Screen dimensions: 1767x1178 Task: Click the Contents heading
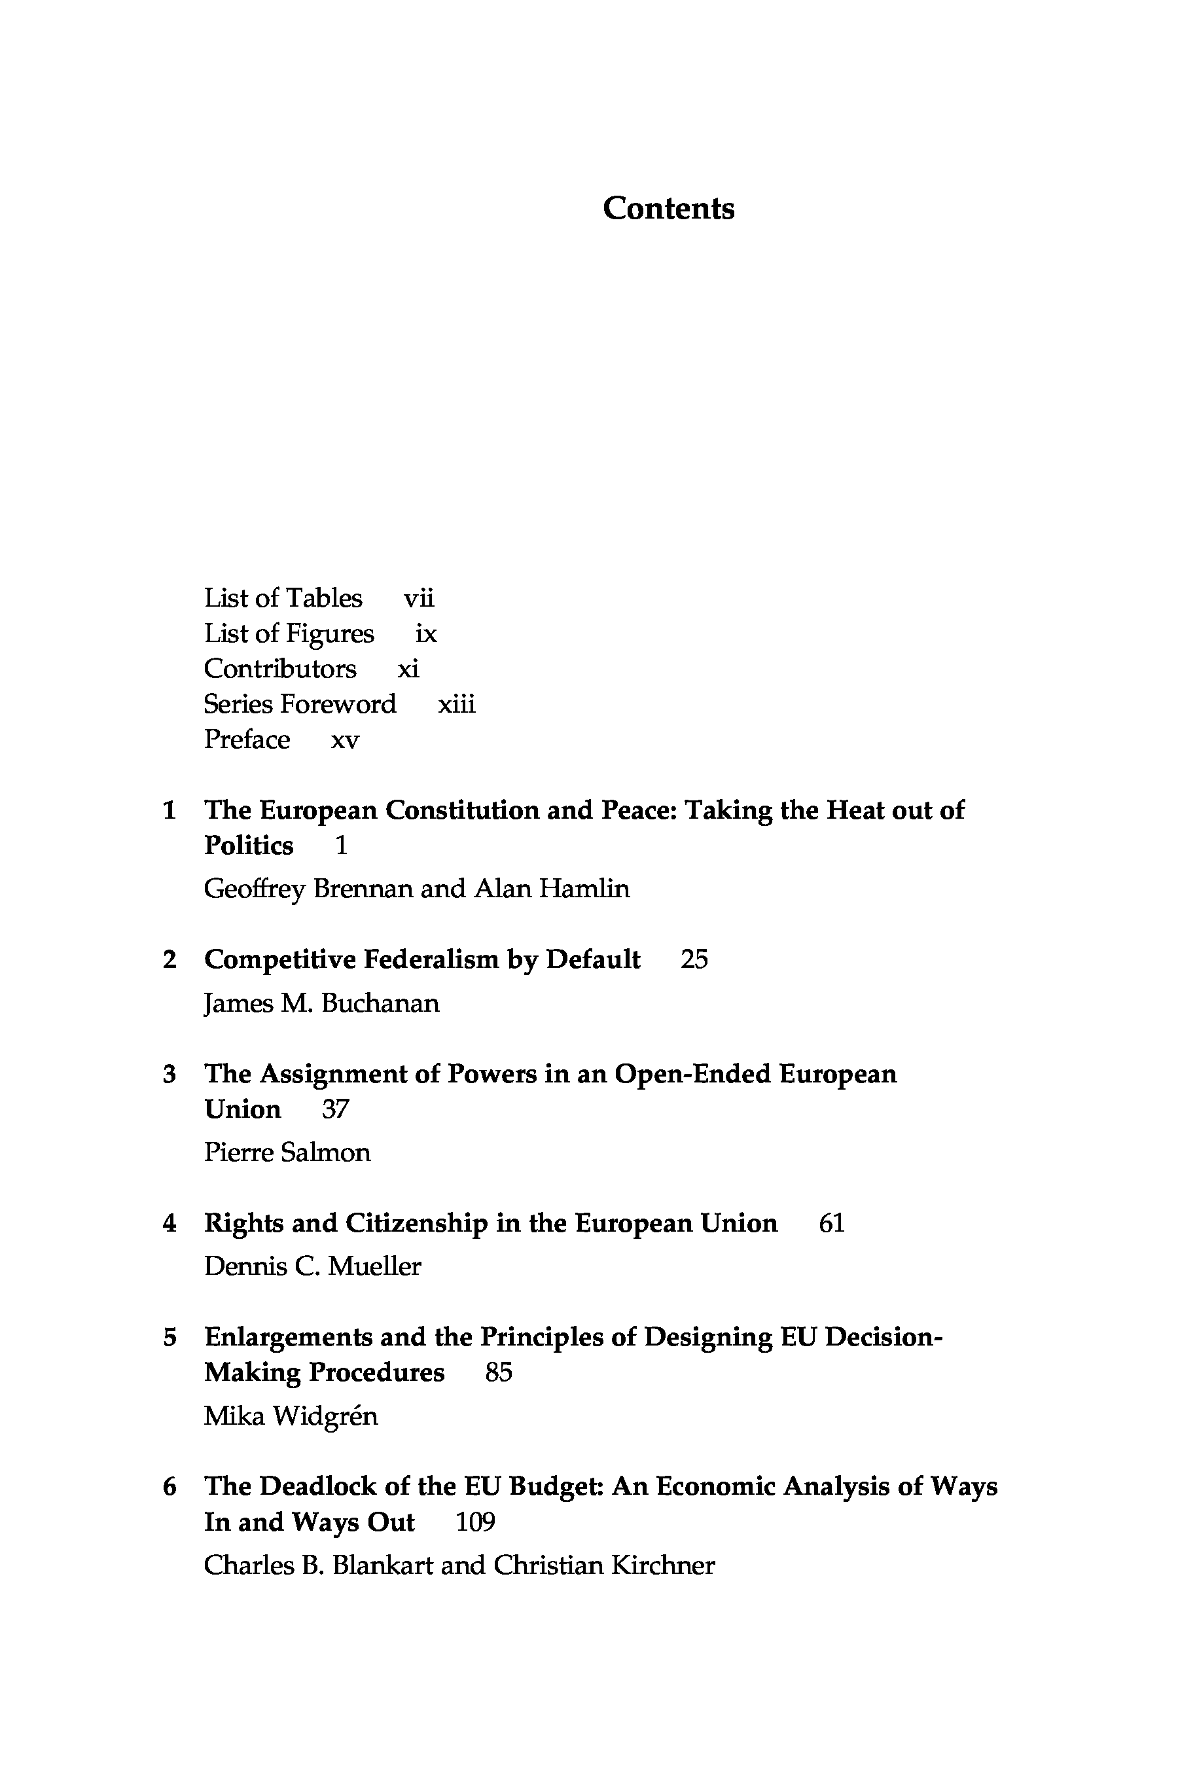pyautogui.click(x=668, y=209)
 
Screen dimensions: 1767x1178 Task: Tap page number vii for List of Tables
pyautogui.click(x=418, y=599)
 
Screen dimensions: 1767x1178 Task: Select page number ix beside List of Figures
pyautogui.click(x=426, y=634)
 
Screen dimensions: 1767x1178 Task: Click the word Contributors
pyautogui.click(x=280, y=669)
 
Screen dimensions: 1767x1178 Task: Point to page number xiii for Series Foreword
pyautogui.click(x=457, y=705)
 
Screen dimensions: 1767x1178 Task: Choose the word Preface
pyautogui.click(x=247, y=740)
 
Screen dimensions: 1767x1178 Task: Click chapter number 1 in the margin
pyautogui.click(x=170, y=811)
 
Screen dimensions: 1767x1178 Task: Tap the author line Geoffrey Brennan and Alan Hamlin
pyautogui.click(x=417, y=889)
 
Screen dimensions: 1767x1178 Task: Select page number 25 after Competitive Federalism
pyautogui.click(x=694, y=959)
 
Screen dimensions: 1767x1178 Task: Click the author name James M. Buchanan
pyautogui.click(x=321, y=1004)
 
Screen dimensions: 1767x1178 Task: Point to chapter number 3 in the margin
pyautogui.click(x=170, y=1075)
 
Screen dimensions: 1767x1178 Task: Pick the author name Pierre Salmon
pyautogui.click(x=287, y=1152)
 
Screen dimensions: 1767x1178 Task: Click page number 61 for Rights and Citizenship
pyautogui.click(x=832, y=1224)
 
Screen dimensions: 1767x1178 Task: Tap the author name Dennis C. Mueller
pyautogui.click(x=313, y=1266)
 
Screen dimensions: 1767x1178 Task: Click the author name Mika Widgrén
pyautogui.click(x=291, y=1416)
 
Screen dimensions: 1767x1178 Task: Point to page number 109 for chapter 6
pyautogui.click(x=476, y=1522)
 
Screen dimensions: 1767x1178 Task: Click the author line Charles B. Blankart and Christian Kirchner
pyautogui.click(x=459, y=1565)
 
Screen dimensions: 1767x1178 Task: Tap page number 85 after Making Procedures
pyautogui.click(x=499, y=1372)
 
